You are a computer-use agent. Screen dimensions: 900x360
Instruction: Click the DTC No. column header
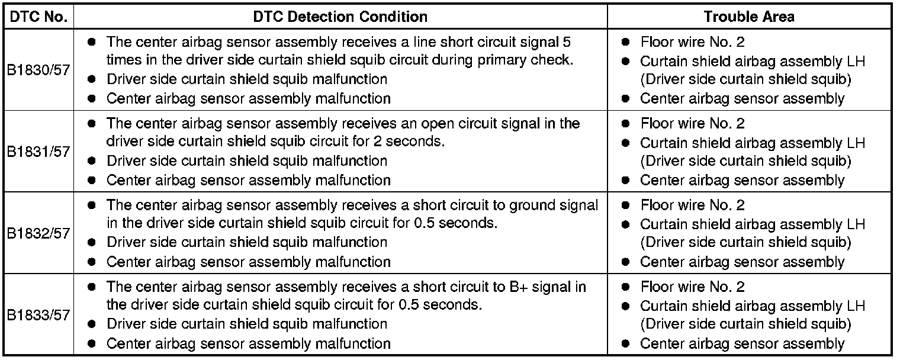38,17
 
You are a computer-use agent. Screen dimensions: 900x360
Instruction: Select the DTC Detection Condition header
340,17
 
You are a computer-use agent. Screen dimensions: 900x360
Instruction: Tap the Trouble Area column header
749,17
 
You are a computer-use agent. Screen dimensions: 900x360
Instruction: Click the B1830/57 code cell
38,70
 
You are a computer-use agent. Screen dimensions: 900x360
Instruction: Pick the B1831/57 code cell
38,152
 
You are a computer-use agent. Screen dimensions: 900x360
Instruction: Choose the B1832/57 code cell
38,233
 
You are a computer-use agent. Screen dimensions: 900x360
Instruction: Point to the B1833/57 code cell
38,315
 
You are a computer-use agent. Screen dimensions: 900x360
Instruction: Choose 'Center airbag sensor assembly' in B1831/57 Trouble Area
742,181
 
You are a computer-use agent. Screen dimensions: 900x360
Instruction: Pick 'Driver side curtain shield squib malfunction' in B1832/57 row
247,242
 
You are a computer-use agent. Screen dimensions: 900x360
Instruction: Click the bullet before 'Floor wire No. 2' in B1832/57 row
626,206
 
